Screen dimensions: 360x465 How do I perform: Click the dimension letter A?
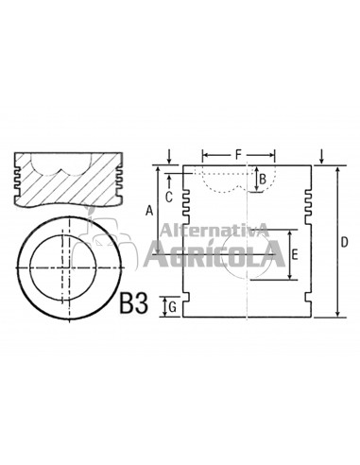click(149, 211)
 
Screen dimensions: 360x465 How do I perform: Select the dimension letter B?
click(263, 180)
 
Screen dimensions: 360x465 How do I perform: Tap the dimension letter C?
click(169, 198)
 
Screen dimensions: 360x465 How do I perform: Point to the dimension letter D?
click(345, 242)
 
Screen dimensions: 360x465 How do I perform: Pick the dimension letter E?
click(295, 254)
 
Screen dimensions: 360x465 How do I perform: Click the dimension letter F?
click(238, 155)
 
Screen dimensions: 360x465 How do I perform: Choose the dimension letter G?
click(172, 307)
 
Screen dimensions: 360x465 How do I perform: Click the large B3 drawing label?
click(133, 303)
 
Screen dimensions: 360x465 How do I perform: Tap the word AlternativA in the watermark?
click(214, 231)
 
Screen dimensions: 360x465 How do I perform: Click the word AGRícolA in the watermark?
click(214, 254)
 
